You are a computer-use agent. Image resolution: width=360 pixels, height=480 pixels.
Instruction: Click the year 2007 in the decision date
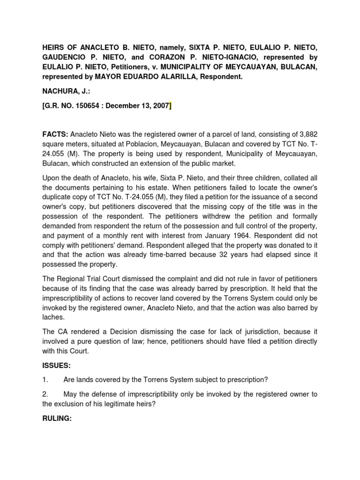(x=159, y=107)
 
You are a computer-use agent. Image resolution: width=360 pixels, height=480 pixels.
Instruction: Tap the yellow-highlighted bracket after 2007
(x=170, y=107)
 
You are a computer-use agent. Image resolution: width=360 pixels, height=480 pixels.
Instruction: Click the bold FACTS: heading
(x=55, y=134)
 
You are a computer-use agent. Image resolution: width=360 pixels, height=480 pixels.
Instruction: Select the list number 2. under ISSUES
(x=45, y=394)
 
